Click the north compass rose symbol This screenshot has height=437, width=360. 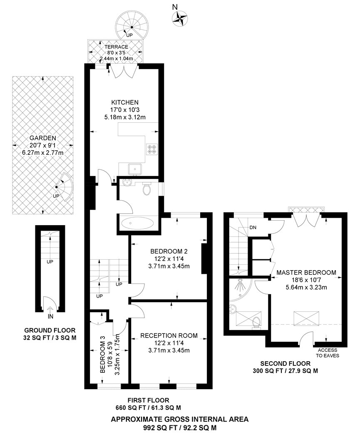pyautogui.click(x=179, y=19)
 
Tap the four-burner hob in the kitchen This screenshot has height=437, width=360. pyautogui.click(x=152, y=149)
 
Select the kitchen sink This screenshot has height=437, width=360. pyautogui.click(x=135, y=169)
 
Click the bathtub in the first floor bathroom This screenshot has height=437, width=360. pyautogui.click(x=137, y=223)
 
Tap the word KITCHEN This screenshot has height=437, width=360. pyautogui.click(x=125, y=102)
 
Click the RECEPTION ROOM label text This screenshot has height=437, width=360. pyautogui.click(x=169, y=335)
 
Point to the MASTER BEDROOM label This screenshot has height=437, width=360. pyautogui.click(x=306, y=272)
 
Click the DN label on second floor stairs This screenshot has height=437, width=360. pyautogui.click(x=253, y=227)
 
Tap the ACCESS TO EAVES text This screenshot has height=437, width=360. pyautogui.click(x=328, y=353)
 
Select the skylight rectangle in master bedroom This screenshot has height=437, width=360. pyautogui.click(x=306, y=318)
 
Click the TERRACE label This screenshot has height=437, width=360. pyautogui.click(x=116, y=47)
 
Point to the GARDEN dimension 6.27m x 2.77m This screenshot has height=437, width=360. pyautogui.click(x=43, y=153)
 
